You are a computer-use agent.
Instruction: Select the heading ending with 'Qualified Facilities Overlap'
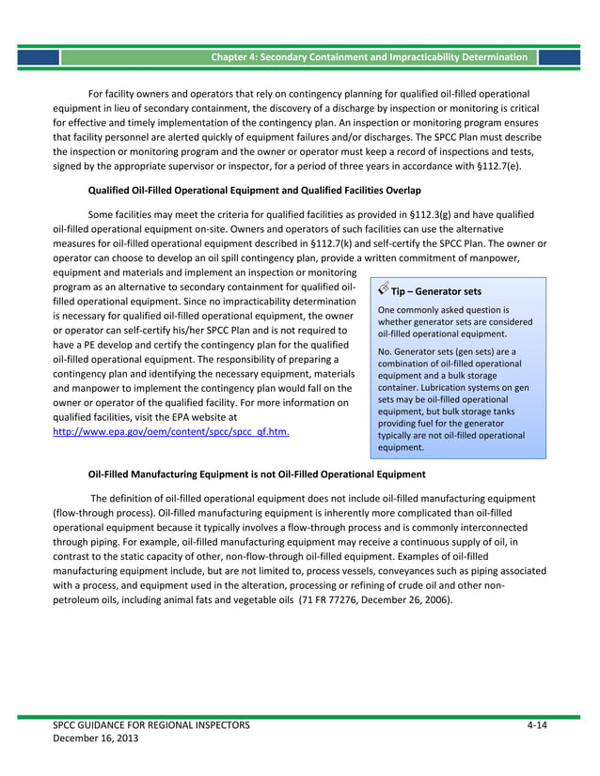click(x=255, y=189)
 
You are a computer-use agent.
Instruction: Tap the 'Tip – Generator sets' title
click(x=436, y=291)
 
